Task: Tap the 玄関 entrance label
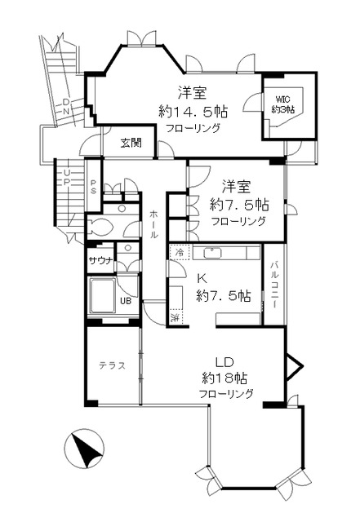pos(131,144)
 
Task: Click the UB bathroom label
pos(127,300)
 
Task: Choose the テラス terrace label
pos(112,365)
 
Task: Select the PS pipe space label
pos(94,187)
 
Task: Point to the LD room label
pos(224,361)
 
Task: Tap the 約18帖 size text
pos(224,378)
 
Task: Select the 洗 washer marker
pos(176,315)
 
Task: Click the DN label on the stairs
pos(66,106)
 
